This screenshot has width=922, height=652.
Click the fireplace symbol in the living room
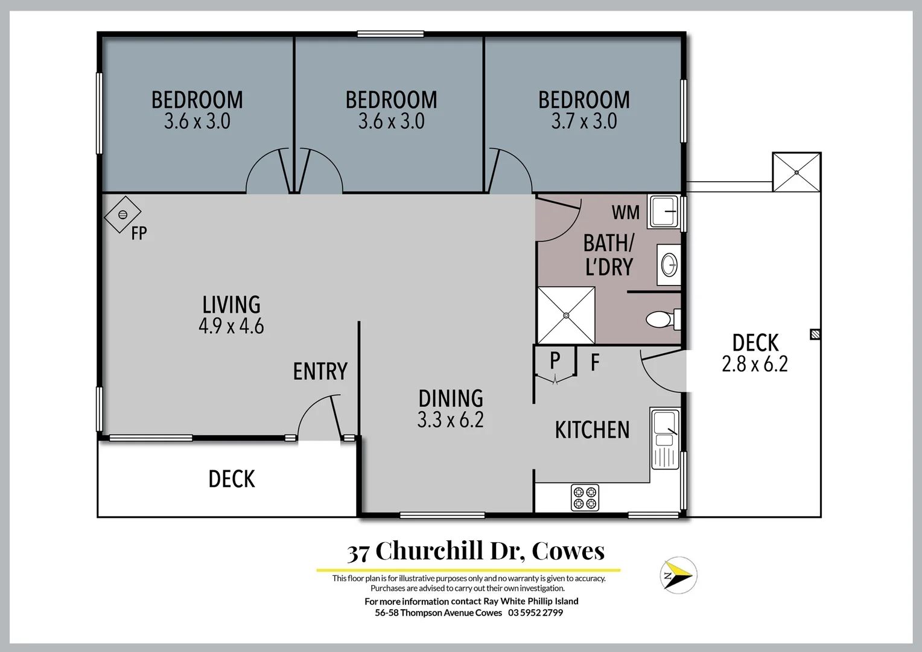(x=122, y=214)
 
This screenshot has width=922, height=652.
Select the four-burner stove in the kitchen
(x=585, y=497)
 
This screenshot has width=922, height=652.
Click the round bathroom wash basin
(x=669, y=264)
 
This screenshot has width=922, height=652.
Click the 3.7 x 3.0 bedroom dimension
(x=583, y=121)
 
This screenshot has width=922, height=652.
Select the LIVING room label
(x=231, y=305)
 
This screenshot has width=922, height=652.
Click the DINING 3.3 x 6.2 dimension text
(x=450, y=420)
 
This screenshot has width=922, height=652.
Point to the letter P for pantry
(x=555, y=360)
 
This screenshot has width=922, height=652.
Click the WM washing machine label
(x=625, y=213)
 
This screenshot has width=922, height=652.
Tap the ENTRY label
(x=320, y=371)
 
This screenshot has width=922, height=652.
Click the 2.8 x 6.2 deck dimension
(x=754, y=364)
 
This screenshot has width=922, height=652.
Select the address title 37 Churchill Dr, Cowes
(x=475, y=551)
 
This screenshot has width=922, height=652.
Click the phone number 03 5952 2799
(x=535, y=613)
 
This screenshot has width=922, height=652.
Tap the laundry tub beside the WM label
(x=664, y=211)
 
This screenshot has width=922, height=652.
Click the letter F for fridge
(x=594, y=363)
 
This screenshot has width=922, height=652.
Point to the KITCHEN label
(x=592, y=430)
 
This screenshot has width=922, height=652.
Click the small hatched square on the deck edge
(x=815, y=333)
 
